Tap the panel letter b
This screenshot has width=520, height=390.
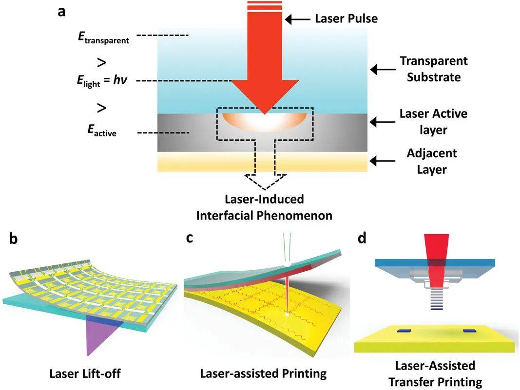14,240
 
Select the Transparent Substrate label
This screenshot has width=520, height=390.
433,69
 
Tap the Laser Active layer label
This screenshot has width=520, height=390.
433,122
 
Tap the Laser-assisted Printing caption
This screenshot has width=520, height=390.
263,374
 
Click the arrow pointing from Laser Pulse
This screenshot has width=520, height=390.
297,19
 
